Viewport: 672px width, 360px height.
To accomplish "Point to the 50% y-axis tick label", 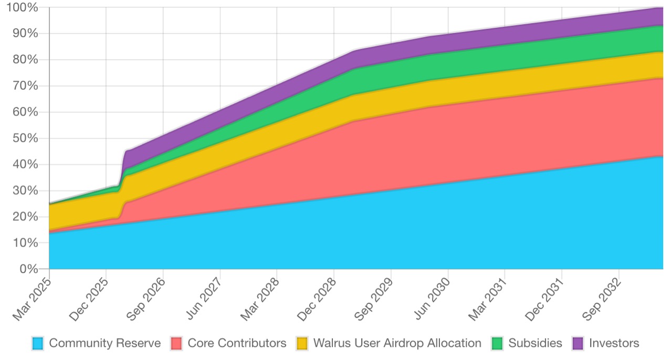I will tap(24, 139).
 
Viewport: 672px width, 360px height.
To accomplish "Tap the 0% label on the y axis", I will tap(28, 269).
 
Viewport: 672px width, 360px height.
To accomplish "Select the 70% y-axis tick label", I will tap(24, 86).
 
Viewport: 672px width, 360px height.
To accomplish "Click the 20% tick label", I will tap(24, 217).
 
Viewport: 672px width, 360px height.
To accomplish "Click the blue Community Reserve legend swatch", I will tap(38, 344).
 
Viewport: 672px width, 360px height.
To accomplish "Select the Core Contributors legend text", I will tap(237, 344).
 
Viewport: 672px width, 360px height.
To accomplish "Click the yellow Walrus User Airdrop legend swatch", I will tap(302, 344).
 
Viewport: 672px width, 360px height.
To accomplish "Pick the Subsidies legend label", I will tap(535, 344).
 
